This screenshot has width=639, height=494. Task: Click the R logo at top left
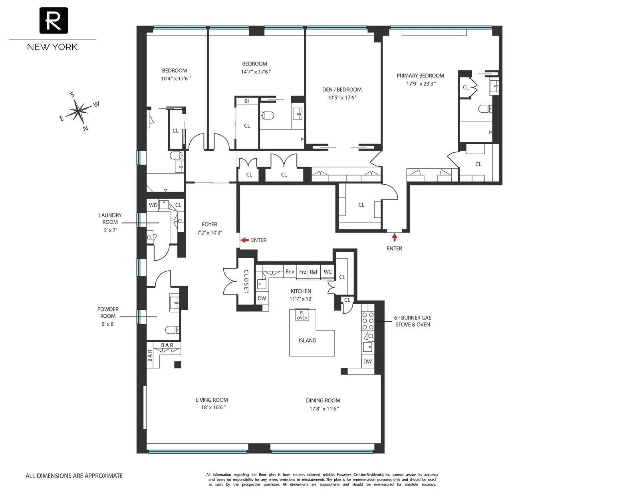[x=54, y=20]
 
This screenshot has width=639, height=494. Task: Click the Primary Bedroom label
[x=420, y=76]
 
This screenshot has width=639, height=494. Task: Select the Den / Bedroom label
[x=341, y=90]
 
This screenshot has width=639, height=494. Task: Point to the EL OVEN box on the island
[x=302, y=315]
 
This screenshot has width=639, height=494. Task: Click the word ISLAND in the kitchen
[x=307, y=341]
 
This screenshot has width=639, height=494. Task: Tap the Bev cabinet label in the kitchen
[x=290, y=272]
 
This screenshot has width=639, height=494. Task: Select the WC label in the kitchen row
[x=327, y=272]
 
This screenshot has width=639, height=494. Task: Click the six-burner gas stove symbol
[x=368, y=321]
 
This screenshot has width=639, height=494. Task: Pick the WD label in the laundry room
[x=153, y=205]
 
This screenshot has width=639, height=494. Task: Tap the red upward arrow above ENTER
[x=395, y=237]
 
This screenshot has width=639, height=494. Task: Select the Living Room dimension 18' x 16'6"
[x=212, y=407]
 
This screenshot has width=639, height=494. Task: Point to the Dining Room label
[x=323, y=400]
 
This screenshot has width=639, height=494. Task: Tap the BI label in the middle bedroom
[x=246, y=101]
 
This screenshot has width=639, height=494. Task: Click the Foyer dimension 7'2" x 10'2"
[x=209, y=232]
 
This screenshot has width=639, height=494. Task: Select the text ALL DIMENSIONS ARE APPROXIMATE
[x=74, y=476]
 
